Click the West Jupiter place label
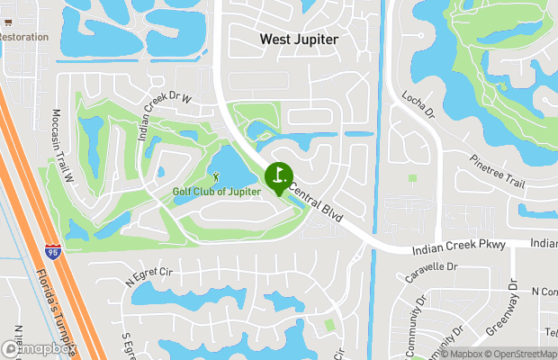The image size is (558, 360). point(300,40)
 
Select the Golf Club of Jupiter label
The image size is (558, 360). point(217,191)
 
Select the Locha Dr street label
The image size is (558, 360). point(418,104)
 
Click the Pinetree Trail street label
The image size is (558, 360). point(497,172)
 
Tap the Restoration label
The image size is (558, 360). point(23,37)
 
